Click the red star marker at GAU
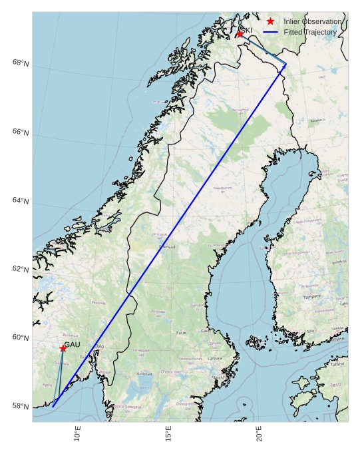coord(63,348)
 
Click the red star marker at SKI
coord(239,34)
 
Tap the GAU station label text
coord(72,344)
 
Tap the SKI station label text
coord(246,30)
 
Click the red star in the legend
coord(270,21)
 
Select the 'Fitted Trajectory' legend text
coord(310,32)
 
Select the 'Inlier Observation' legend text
coord(313,21)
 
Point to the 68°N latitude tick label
coord(21,63)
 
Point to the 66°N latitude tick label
coord(21,132)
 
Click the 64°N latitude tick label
coord(21,201)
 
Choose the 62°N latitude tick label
coord(21,270)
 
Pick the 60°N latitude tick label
coord(21,338)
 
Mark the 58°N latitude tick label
coord(21,407)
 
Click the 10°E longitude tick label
coord(78,434)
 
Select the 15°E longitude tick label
coord(169,434)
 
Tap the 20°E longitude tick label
coord(260,434)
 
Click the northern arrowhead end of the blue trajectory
coord(286,65)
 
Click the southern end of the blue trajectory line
coord(53,406)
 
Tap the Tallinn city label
coord(337,364)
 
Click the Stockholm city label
coord(219,377)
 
